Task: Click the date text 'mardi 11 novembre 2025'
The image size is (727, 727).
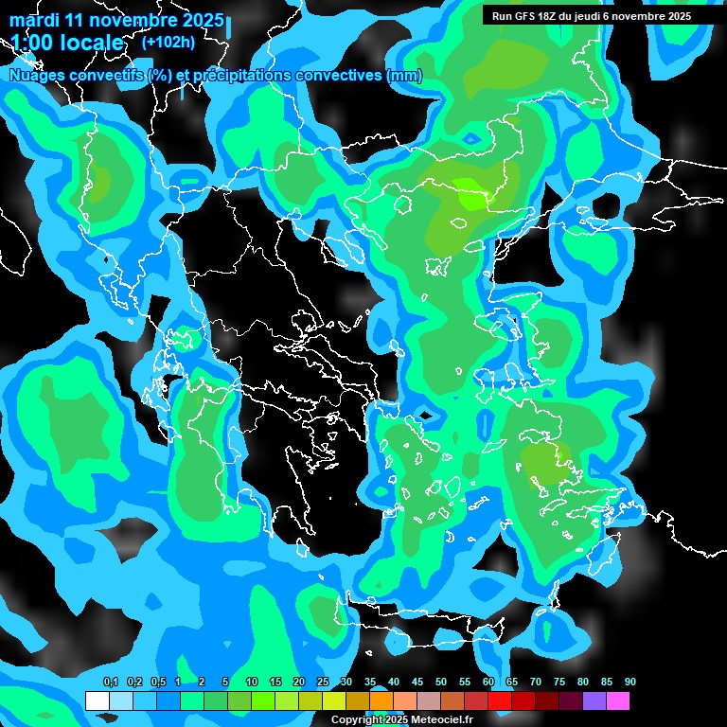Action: (x=116, y=20)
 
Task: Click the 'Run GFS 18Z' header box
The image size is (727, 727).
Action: (x=592, y=16)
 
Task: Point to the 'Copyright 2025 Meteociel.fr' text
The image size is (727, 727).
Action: (x=401, y=719)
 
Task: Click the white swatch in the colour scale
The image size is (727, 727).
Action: (x=97, y=701)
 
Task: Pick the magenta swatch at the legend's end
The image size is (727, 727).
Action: (x=618, y=701)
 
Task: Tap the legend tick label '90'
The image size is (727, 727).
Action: (x=629, y=682)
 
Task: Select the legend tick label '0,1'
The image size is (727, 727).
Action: (x=110, y=682)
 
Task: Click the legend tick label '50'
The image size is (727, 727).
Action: (x=441, y=682)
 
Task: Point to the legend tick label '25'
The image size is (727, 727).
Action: (x=323, y=682)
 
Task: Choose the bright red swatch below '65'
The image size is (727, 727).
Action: (x=500, y=701)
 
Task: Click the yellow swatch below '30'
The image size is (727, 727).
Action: (x=334, y=701)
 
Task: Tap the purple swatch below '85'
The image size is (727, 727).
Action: (x=594, y=701)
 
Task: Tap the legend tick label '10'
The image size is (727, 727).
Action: (x=252, y=682)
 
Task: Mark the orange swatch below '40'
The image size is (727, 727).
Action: (x=381, y=701)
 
